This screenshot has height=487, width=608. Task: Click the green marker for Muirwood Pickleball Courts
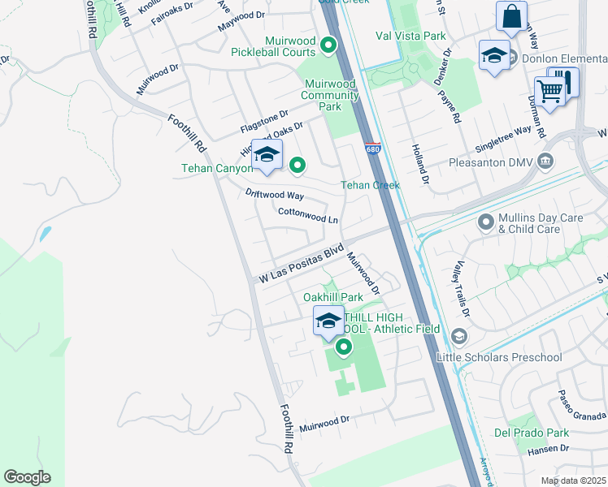(x=328, y=45)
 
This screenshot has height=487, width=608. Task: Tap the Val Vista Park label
(x=410, y=36)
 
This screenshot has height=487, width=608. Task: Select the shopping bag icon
(x=511, y=16)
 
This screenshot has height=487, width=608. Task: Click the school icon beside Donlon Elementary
(x=493, y=56)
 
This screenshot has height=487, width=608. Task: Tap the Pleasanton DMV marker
(x=545, y=162)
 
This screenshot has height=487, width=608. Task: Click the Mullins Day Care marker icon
(x=486, y=222)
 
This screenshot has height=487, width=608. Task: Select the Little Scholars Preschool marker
(x=459, y=336)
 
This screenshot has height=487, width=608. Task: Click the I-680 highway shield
(x=372, y=149)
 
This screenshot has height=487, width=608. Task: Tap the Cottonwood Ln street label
(x=307, y=215)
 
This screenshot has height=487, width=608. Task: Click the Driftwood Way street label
(x=274, y=195)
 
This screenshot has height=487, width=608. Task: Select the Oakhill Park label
(x=332, y=298)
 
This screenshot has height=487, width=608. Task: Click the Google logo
(x=27, y=477)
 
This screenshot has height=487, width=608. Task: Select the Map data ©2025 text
(x=573, y=481)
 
